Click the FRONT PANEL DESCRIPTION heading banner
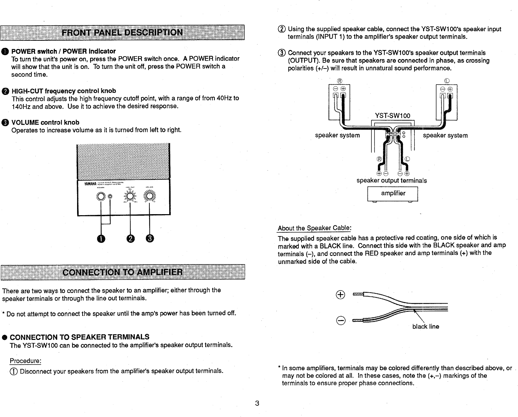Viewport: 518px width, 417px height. [x=122, y=33]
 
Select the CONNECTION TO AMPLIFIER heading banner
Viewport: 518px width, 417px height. [x=122, y=272]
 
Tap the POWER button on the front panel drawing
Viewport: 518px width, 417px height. [x=101, y=197]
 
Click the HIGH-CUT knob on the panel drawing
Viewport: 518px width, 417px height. [x=130, y=196]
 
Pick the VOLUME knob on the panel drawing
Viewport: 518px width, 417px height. [x=149, y=196]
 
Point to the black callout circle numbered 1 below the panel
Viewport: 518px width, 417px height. [x=101, y=239]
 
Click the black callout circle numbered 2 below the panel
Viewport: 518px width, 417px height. [x=130, y=239]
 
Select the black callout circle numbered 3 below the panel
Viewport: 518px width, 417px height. [x=150, y=239]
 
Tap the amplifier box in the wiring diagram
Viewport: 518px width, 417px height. [x=393, y=194]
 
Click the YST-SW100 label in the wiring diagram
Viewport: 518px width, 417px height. [x=393, y=116]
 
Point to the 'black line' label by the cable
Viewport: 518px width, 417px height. [x=425, y=327]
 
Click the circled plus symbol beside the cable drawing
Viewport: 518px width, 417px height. [x=341, y=294]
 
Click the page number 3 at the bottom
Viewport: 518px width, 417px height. [x=257, y=403]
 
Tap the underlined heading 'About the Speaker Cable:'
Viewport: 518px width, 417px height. [x=314, y=228]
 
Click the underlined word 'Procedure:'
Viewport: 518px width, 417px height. [x=25, y=361]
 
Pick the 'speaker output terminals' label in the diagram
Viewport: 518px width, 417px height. [x=392, y=181]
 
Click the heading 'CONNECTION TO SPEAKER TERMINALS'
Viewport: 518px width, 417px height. [x=79, y=336]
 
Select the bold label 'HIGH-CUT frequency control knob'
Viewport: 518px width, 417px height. [x=64, y=91]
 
